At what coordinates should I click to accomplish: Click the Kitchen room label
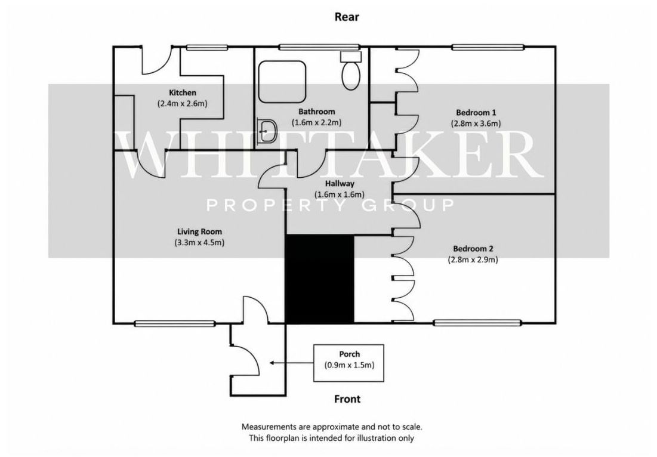coord(182,92)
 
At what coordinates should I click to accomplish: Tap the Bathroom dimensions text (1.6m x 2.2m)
coord(316,123)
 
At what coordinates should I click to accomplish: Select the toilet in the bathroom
coord(351,71)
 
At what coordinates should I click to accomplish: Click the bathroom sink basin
coord(267,131)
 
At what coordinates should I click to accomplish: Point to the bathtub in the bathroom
coord(282,82)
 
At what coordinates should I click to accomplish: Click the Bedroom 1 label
coord(476,112)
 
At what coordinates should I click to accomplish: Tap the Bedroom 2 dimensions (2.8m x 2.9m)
coord(473,260)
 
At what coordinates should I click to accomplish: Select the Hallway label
coord(340,184)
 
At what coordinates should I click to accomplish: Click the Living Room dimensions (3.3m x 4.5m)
coord(199,243)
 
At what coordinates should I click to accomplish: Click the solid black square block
coord(320,279)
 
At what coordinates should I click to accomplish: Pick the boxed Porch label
coord(349,363)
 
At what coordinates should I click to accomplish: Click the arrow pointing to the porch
coord(292,363)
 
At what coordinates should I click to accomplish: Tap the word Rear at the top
coord(347,17)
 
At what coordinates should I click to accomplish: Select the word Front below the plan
coord(347,399)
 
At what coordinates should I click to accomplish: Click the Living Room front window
coord(175,323)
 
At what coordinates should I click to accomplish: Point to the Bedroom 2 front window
coord(477,323)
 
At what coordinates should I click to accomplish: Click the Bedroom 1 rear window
coord(488,47)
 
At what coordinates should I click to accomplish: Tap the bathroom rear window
coord(320,47)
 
